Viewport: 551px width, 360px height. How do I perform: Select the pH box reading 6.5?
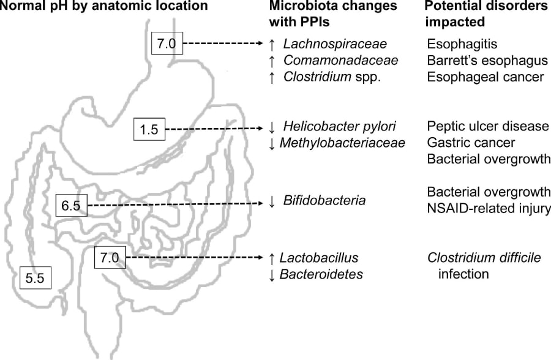[71, 206]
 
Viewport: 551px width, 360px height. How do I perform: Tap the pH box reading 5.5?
[36, 278]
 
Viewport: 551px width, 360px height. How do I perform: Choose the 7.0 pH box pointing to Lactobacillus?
[110, 258]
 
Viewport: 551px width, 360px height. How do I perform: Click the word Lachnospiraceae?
[335, 44]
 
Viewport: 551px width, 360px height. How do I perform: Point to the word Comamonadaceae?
[341, 61]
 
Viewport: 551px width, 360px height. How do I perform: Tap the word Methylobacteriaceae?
[342, 143]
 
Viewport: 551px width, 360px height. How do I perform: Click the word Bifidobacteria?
[324, 201]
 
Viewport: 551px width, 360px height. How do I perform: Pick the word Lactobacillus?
[318, 258]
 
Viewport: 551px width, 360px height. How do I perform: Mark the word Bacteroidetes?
[321, 274]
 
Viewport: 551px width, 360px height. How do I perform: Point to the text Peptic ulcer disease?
[488, 127]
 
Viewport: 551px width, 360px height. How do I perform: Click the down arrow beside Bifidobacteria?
[272, 201]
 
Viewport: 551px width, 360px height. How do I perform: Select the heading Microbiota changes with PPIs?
[333, 13]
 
